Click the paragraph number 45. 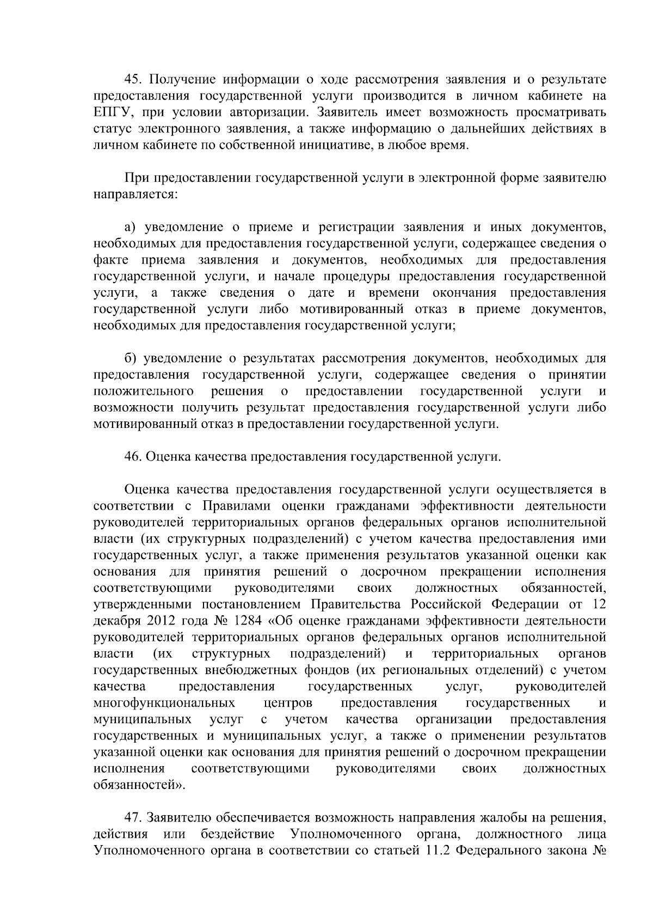[x=133, y=80]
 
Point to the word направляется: [x=135, y=194]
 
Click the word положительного [x=144, y=391]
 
